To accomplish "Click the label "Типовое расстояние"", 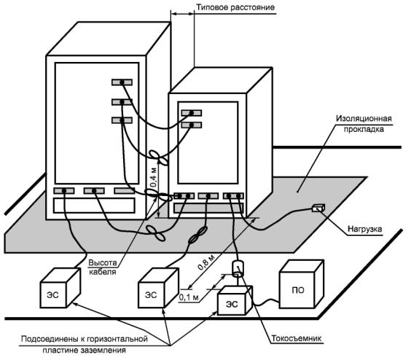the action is (235, 7).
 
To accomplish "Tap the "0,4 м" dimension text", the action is (154, 178).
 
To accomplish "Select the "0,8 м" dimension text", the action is (205, 262).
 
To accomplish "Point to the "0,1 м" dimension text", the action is (189, 297).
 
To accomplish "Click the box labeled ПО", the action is (302, 283).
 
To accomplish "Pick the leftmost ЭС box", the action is (60, 288).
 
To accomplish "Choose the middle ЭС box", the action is (158, 288).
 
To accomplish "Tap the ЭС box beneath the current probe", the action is (235, 300).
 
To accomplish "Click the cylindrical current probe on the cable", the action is (238, 269).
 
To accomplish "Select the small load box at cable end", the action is (318, 208).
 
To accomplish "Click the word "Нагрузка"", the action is (364, 229).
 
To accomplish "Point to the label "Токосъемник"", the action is (296, 338).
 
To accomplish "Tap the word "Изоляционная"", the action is (364, 119).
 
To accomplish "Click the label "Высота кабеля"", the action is (103, 267).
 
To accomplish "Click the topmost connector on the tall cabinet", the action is (122, 82).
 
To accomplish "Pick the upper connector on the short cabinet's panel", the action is (192, 113).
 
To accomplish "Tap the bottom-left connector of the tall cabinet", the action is (64, 191).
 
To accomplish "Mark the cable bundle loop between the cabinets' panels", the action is (158, 157).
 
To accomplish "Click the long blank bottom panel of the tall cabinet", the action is (94, 206).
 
